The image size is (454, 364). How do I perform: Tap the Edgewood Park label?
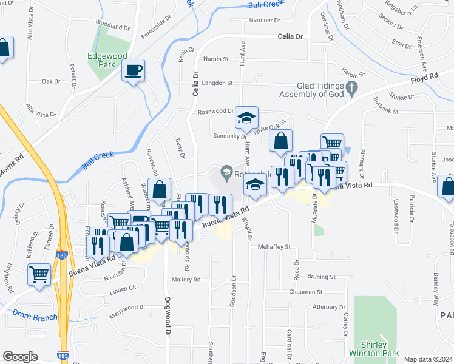coord(107,61)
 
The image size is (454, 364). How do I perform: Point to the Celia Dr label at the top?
coord(290,36)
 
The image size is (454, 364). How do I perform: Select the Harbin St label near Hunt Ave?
coord(215,59)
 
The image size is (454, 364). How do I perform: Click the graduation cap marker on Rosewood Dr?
coord(247,118)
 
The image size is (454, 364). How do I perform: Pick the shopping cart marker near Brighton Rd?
coord(39,274)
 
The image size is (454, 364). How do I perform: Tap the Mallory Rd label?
coord(186,280)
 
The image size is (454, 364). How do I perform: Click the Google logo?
coord(20,357)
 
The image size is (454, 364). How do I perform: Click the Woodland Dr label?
coord(113,27)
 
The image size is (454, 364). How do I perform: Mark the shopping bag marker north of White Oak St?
coord(280,141)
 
